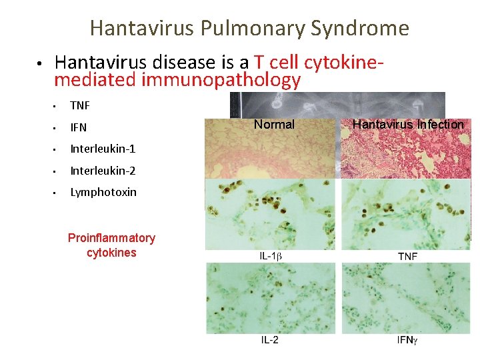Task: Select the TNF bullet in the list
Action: coord(80,105)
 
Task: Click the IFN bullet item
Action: coord(79,127)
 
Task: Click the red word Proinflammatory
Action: coord(111,238)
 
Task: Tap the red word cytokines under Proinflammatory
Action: coord(111,253)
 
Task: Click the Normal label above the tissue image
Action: coord(274,125)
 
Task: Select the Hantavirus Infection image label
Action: coord(408,125)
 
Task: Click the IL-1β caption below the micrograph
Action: coord(269,256)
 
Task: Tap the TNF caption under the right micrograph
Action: coord(407,256)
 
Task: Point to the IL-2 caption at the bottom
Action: coord(269,340)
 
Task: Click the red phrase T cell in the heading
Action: coord(275,63)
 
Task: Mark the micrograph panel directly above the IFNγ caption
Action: coord(406,297)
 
